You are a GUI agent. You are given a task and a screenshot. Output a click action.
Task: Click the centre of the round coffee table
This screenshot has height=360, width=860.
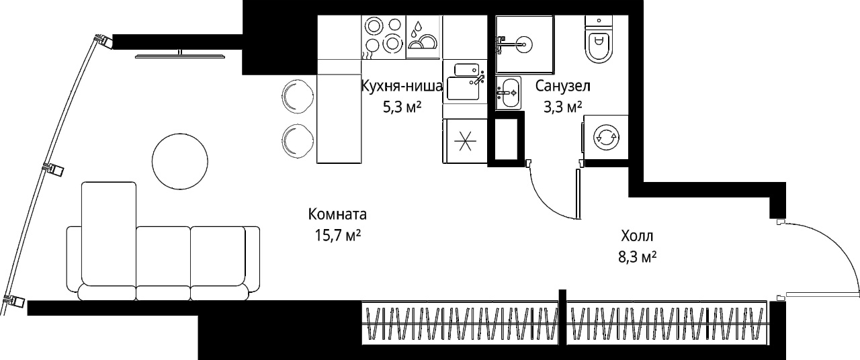point(180,161)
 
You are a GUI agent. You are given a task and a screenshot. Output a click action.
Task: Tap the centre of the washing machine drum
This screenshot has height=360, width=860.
point(606,137)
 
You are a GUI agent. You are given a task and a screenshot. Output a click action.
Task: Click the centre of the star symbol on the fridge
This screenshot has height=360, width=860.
point(465,141)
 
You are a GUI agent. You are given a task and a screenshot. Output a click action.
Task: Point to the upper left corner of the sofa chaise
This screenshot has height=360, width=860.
point(82,182)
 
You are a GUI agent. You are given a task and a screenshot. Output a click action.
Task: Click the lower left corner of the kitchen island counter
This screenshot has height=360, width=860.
point(316,163)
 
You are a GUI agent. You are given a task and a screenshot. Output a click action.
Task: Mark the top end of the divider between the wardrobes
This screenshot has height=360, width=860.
point(562,289)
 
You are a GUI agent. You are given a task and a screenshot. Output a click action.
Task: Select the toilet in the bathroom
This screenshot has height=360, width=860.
point(599,39)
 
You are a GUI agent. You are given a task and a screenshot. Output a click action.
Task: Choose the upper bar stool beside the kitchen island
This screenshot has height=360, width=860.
point(298,96)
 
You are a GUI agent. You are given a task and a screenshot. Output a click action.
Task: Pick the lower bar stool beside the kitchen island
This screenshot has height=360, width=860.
point(298,141)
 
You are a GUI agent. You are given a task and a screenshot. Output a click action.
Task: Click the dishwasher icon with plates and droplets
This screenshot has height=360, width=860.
point(423,37)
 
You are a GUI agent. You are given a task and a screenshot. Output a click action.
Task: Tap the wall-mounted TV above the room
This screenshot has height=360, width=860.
point(179,55)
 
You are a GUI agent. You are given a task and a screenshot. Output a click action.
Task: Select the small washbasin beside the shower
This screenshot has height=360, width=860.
point(508,93)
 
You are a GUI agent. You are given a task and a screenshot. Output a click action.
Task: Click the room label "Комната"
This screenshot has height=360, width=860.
point(337,214)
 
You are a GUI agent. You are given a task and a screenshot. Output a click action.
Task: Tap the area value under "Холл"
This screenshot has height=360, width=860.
point(637,257)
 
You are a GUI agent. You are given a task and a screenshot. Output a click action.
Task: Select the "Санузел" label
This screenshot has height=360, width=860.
point(563,86)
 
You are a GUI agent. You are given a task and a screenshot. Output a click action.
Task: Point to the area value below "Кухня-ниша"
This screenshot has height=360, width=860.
point(402,107)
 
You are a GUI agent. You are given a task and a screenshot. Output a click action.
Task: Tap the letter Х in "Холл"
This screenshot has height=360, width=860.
point(626,236)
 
